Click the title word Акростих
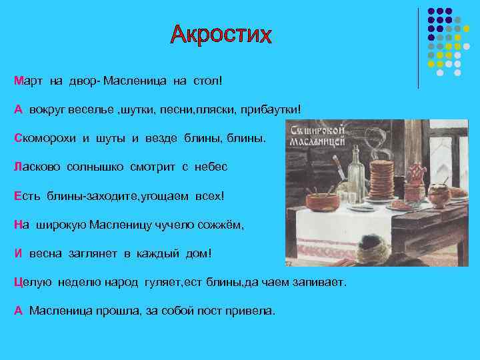221,34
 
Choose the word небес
211,167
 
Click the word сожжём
223,225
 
